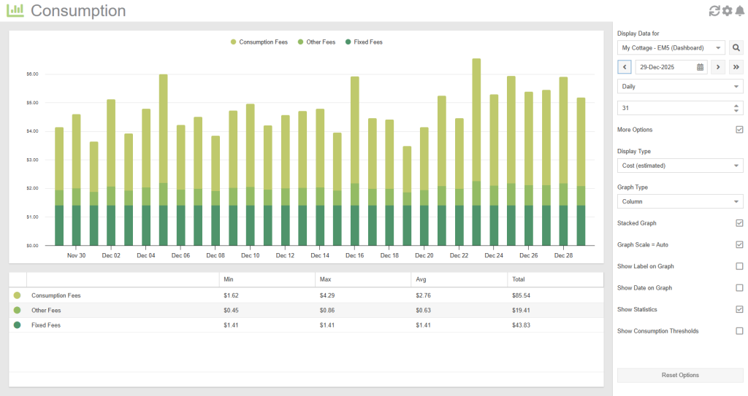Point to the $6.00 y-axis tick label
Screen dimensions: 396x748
click(x=32, y=74)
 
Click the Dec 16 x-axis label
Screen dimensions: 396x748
click(x=354, y=256)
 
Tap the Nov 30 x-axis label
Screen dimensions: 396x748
click(x=76, y=256)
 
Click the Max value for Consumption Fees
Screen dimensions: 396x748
click(x=330, y=296)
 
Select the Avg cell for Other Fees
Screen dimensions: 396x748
click(x=426, y=311)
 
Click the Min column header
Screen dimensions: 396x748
click(x=229, y=279)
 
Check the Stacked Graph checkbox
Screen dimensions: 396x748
click(x=739, y=223)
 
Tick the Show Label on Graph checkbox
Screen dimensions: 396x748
click(x=739, y=266)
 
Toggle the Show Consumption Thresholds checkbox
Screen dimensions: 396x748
click(x=739, y=331)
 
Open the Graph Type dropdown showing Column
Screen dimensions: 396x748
click(x=679, y=201)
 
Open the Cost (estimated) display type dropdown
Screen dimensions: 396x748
click(x=679, y=166)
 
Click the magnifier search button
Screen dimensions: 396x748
click(x=736, y=48)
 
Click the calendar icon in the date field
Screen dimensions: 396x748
click(x=700, y=67)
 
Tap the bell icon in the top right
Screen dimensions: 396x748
click(x=739, y=11)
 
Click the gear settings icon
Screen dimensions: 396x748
click(x=727, y=11)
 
